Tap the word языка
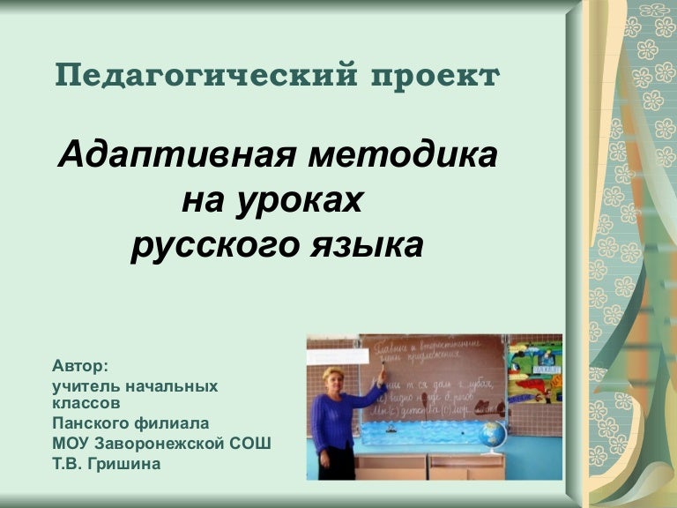370,246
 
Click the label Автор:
79,366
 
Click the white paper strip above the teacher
337,357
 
